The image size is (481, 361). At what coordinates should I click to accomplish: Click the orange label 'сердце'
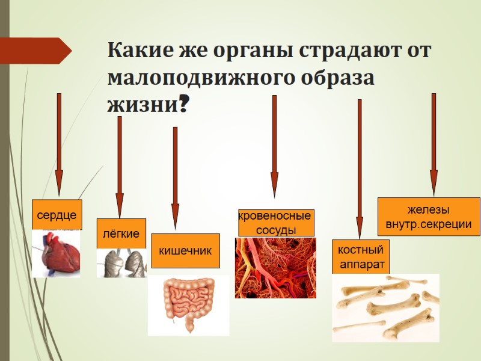(x=57, y=215)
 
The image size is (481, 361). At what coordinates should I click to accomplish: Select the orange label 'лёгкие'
(x=121, y=233)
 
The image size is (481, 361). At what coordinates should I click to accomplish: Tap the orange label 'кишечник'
(x=185, y=250)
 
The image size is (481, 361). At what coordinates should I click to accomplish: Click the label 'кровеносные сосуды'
(x=275, y=223)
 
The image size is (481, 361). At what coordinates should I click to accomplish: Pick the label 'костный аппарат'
(x=360, y=256)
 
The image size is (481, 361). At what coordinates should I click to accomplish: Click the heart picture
(x=56, y=253)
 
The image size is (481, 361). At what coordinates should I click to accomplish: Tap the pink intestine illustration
(x=188, y=304)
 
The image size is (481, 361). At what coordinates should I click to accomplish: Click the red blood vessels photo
(x=275, y=268)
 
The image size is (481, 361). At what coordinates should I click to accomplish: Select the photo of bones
(x=385, y=307)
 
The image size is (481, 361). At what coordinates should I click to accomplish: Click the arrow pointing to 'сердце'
(x=59, y=144)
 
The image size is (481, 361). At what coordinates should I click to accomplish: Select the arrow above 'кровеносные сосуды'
(x=274, y=147)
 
